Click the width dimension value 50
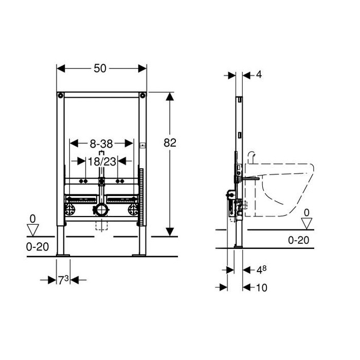[x=100, y=68]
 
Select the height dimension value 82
[x=170, y=143]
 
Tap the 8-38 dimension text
[x=101, y=144]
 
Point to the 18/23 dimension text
[x=102, y=161]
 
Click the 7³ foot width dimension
[x=63, y=280]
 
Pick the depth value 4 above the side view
[x=259, y=75]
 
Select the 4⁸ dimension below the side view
[x=261, y=270]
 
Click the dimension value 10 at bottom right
[x=261, y=287]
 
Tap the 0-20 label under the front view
[x=38, y=247]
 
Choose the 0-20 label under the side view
[x=298, y=240]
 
